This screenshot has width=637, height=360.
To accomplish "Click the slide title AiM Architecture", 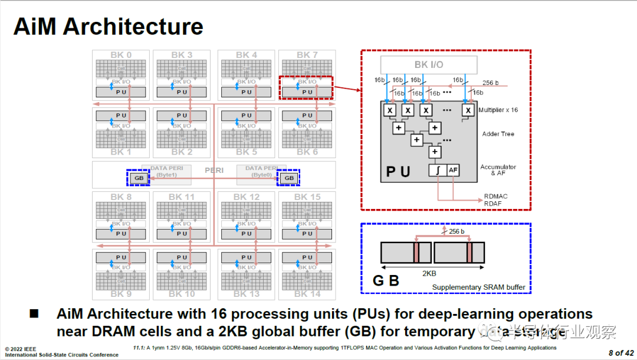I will pyautogui.click(x=108, y=27).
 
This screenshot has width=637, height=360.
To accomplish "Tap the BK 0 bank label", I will pyautogui.click(x=121, y=55).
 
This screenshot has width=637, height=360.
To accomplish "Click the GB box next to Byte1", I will pyautogui.click(x=139, y=178).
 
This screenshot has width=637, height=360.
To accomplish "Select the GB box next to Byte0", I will pyautogui.click(x=289, y=178).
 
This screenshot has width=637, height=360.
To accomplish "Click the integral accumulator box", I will pyautogui.click(x=437, y=170).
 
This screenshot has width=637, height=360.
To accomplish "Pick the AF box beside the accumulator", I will pyautogui.click(x=452, y=170).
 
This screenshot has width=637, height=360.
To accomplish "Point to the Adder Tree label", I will pyautogui.click(x=498, y=134).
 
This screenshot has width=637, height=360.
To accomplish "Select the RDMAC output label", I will pyautogui.click(x=495, y=197).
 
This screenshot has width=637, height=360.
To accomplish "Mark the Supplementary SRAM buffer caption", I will pyautogui.click(x=478, y=288).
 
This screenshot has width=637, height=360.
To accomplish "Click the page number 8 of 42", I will pyautogui.click(x=621, y=353).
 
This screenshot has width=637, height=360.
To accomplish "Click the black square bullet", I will pyautogui.click(x=34, y=313).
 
